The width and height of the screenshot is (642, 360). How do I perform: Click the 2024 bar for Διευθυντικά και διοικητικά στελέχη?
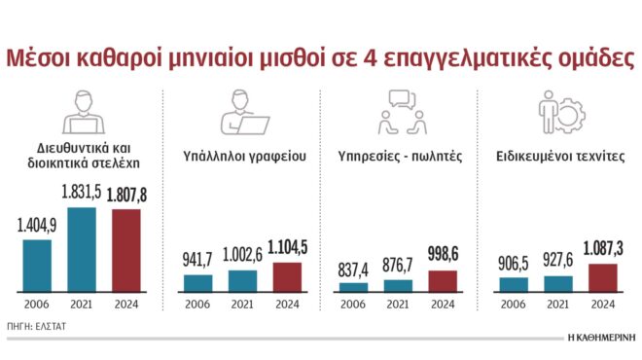pyautogui.click(x=125, y=250)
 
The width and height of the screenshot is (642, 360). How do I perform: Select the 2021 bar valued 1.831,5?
pyautogui.click(x=81, y=249)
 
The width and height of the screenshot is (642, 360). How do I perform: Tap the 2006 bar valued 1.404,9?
pyautogui.click(x=36, y=265)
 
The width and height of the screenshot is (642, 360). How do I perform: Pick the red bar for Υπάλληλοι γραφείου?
pyautogui.click(x=286, y=276)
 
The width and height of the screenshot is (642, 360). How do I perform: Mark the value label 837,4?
pyautogui.click(x=354, y=269)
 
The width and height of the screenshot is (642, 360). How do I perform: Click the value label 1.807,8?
pyautogui.click(x=125, y=195)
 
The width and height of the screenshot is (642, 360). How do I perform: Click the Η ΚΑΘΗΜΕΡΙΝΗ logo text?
pyautogui.click(x=600, y=340)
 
